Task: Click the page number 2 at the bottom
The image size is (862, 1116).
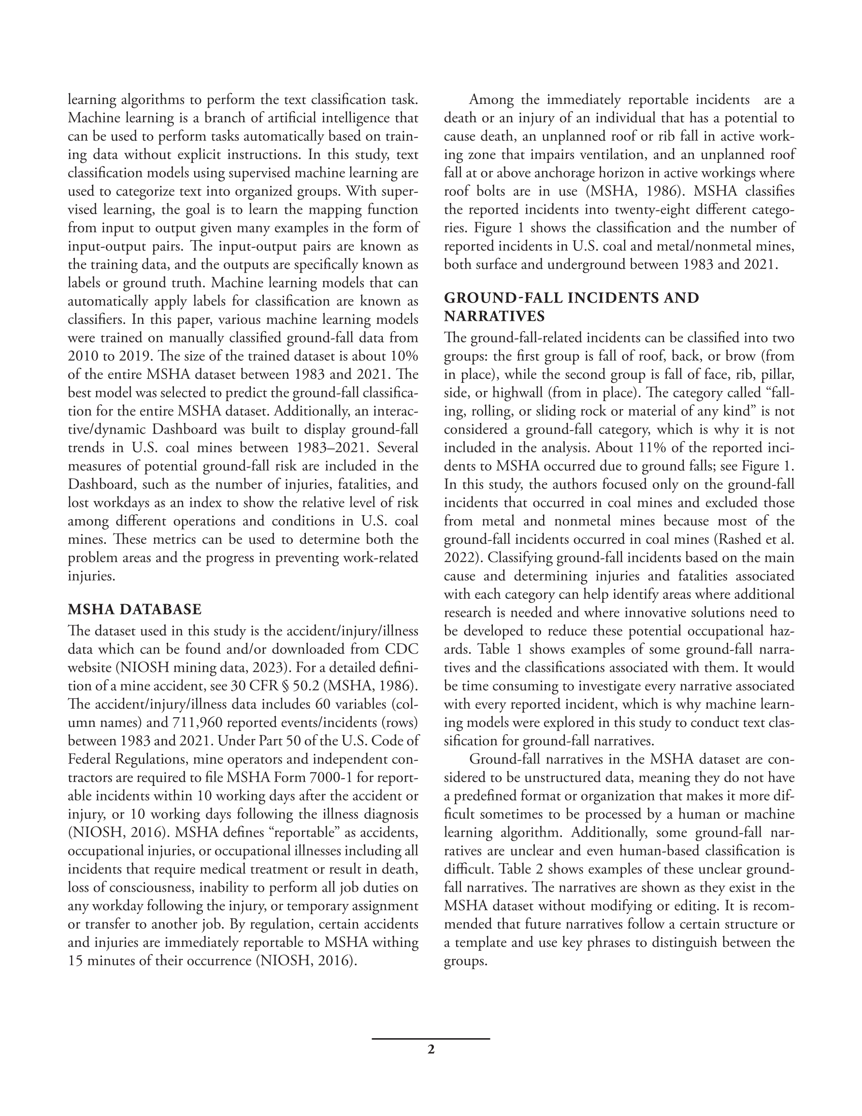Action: click(431, 1050)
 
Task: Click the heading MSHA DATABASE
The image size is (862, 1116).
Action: click(135, 609)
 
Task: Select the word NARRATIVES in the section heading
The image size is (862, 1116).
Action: click(494, 316)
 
